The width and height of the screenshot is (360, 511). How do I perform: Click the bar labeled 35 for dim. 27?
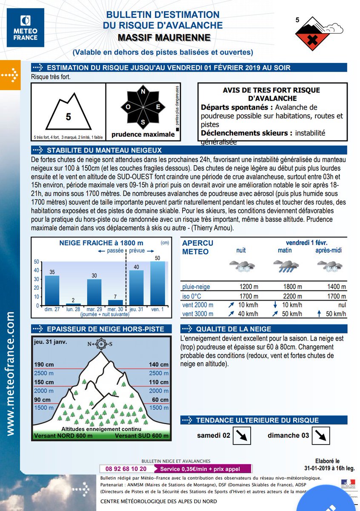(x=52, y=290)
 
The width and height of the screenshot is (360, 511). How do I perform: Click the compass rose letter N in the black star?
(x=143, y=92)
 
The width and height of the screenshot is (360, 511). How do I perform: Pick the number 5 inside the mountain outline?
(x=68, y=117)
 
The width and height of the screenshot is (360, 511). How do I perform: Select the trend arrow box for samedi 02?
(x=243, y=436)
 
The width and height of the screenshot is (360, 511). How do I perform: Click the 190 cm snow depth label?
(x=44, y=365)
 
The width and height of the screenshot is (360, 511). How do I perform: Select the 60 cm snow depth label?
(x=160, y=399)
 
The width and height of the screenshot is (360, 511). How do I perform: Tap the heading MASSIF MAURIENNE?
(x=164, y=38)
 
